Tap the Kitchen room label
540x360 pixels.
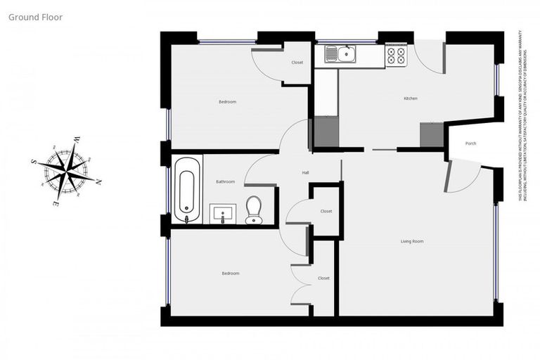pos(410,98)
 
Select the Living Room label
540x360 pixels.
pos(412,241)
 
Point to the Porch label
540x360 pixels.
pos(470,143)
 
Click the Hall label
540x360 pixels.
pos(306,172)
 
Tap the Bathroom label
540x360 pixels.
pos(225,181)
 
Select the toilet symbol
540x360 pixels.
pos(254,210)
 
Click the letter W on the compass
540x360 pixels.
pos(76,140)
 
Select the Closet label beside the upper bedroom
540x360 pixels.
pos(297,63)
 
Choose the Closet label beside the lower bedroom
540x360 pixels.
pos(323,278)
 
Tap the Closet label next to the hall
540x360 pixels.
pos(326,211)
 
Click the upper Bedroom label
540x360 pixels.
pos(227,102)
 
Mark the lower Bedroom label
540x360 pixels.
pos(231,274)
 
